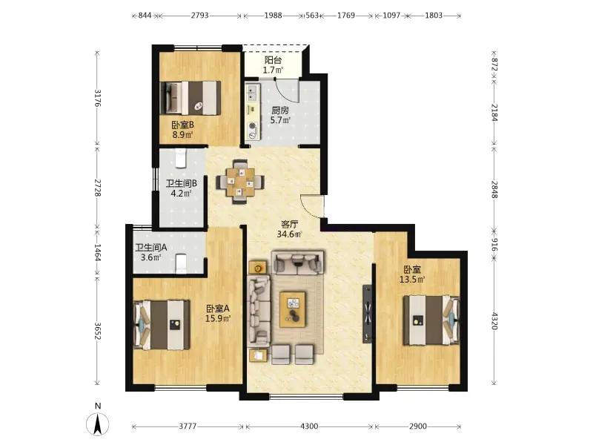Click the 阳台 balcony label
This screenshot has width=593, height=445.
click(x=273, y=60)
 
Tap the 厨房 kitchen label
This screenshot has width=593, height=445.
click(x=280, y=111)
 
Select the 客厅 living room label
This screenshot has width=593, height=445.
click(x=289, y=225)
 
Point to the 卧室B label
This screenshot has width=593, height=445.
click(x=183, y=125)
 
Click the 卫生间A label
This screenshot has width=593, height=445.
click(x=151, y=248)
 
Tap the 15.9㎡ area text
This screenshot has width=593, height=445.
click(x=218, y=319)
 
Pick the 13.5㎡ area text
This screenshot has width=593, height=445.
click(x=412, y=280)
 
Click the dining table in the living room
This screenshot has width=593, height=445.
click(x=240, y=182)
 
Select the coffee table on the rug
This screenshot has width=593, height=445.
click(x=292, y=309)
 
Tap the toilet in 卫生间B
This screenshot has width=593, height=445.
click(x=181, y=157)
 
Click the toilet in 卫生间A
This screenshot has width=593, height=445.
click(x=182, y=263)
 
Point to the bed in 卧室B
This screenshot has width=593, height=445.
click(x=191, y=98)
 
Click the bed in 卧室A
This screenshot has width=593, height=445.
click(x=162, y=325)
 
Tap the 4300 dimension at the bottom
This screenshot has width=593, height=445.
click(x=309, y=426)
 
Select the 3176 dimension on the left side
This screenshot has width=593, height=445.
click(x=98, y=98)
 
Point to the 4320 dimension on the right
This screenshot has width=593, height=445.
click(x=494, y=321)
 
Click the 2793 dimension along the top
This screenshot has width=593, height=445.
click(x=199, y=15)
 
